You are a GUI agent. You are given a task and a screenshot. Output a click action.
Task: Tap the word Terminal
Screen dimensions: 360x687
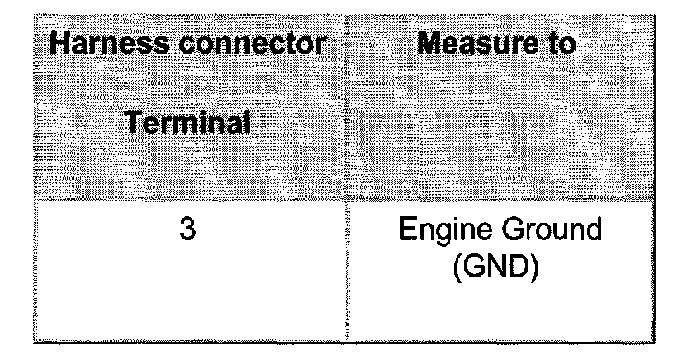[188, 125]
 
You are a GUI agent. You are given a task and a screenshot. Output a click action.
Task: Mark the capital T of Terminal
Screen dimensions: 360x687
[135, 125]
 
